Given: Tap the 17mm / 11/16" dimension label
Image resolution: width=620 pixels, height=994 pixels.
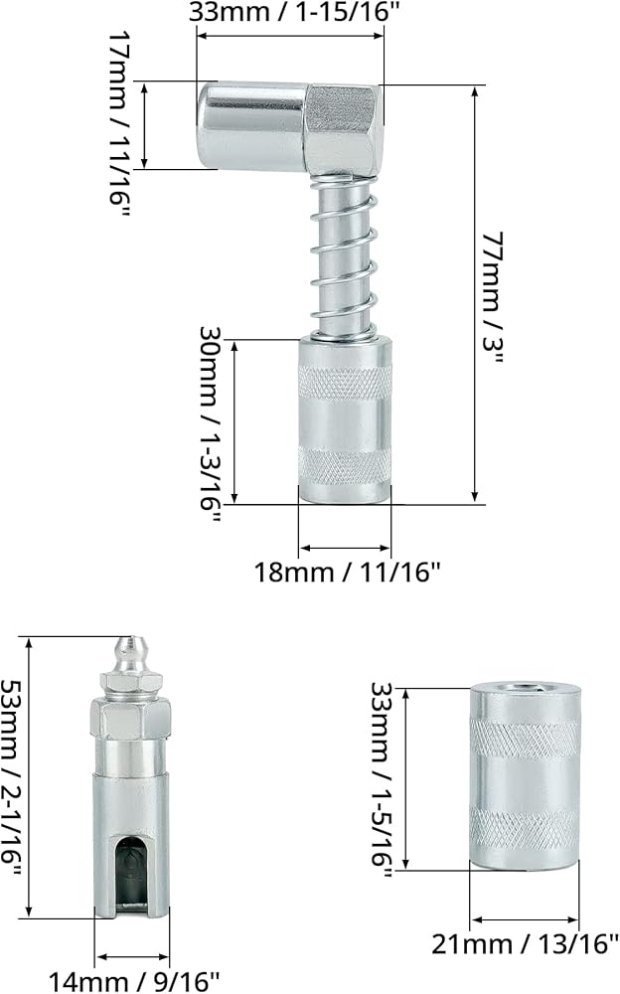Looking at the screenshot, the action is tap(119, 124).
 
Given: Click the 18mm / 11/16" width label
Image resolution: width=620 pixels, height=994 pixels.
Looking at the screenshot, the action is tap(347, 572).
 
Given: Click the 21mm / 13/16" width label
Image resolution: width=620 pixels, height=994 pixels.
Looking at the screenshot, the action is tap(525, 944).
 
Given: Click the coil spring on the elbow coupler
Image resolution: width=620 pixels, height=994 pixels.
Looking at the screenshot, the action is tap(344, 255).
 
